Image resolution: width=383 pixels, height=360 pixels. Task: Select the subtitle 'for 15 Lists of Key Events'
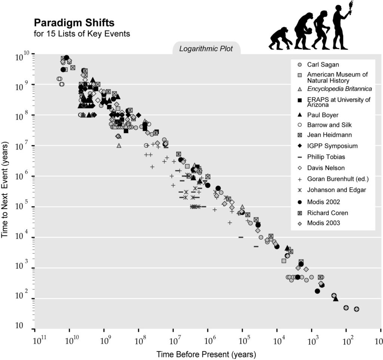coord(82,34)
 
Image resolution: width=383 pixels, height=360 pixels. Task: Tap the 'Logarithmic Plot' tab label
coord(206,49)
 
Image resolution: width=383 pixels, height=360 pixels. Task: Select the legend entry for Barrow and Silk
coord(329,125)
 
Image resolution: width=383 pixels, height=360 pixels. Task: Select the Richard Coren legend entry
coord(327,213)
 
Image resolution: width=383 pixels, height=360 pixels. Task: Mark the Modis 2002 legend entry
coord(324,202)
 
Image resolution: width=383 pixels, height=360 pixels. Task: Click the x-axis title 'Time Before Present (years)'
coord(206,354)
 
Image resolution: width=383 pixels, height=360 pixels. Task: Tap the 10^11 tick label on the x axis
coord(39,341)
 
